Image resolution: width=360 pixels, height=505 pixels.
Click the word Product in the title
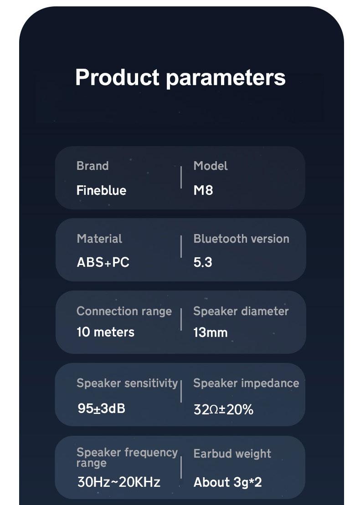point(117,77)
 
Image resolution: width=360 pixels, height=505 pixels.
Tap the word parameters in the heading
point(226,78)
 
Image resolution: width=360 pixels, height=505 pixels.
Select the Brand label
point(93,166)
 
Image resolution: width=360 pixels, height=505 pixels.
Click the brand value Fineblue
point(101,190)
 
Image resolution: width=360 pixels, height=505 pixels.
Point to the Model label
point(211,166)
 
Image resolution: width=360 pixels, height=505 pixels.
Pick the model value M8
point(203,190)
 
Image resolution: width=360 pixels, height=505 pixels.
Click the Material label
point(100,239)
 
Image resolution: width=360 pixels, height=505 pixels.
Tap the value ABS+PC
point(103,262)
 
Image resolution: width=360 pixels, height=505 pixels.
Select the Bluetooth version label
point(242,239)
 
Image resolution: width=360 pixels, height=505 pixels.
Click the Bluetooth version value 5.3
point(203,262)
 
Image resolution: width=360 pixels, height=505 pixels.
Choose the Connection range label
point(124,311)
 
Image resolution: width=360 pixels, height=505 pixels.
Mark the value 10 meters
point(105,332)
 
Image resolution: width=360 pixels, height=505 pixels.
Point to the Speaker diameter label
point(241,311)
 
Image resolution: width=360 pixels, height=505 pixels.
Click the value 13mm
point(211,332)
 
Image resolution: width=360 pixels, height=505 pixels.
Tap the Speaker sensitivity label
point(127,383)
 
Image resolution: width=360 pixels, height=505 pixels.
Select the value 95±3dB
point(101,408)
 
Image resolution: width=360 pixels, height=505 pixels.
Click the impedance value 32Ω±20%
point(223,409)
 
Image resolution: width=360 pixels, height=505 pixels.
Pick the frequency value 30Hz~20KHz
point(118,482)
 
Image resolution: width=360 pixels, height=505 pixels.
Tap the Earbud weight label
point(232,454)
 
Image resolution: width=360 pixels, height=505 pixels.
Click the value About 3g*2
point(227,482)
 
